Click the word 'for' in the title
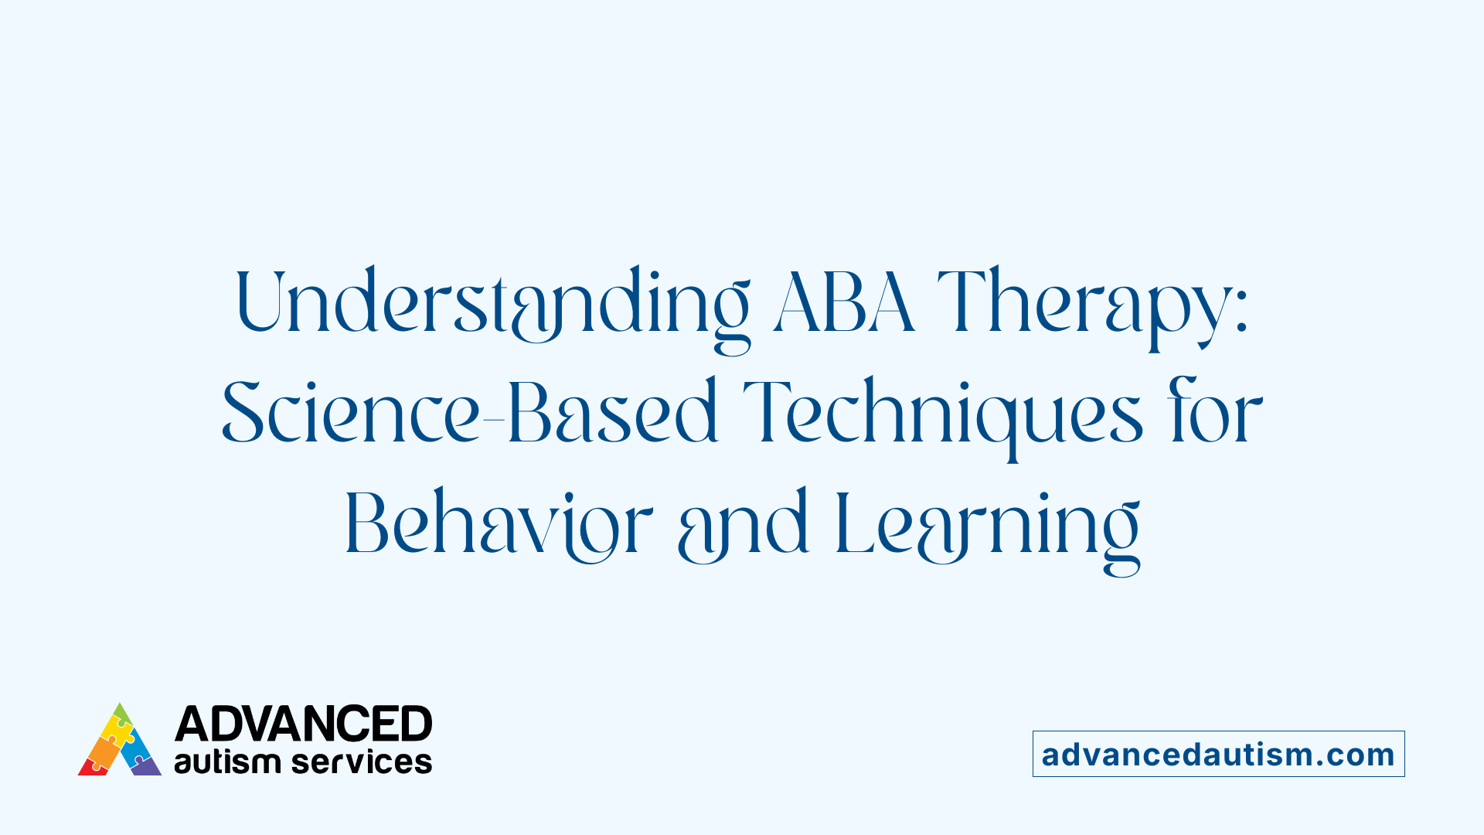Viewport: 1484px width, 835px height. pyautogui.click(x=1217, y=414)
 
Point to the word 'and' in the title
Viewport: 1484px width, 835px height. pyautogui.click(x=743, y=526)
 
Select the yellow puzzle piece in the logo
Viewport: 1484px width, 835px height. pyautogui.click(x=117, y=730)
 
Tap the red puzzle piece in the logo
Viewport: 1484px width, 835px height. pyautogui.click(x=91, y=768)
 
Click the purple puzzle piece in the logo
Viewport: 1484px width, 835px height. pyautogui.click(x=145, y=766)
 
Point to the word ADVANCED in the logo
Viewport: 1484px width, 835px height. pyautogui.click(x=303, y=724)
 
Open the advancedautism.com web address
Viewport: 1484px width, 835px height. pyautogui.click(x=1218, y=754)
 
